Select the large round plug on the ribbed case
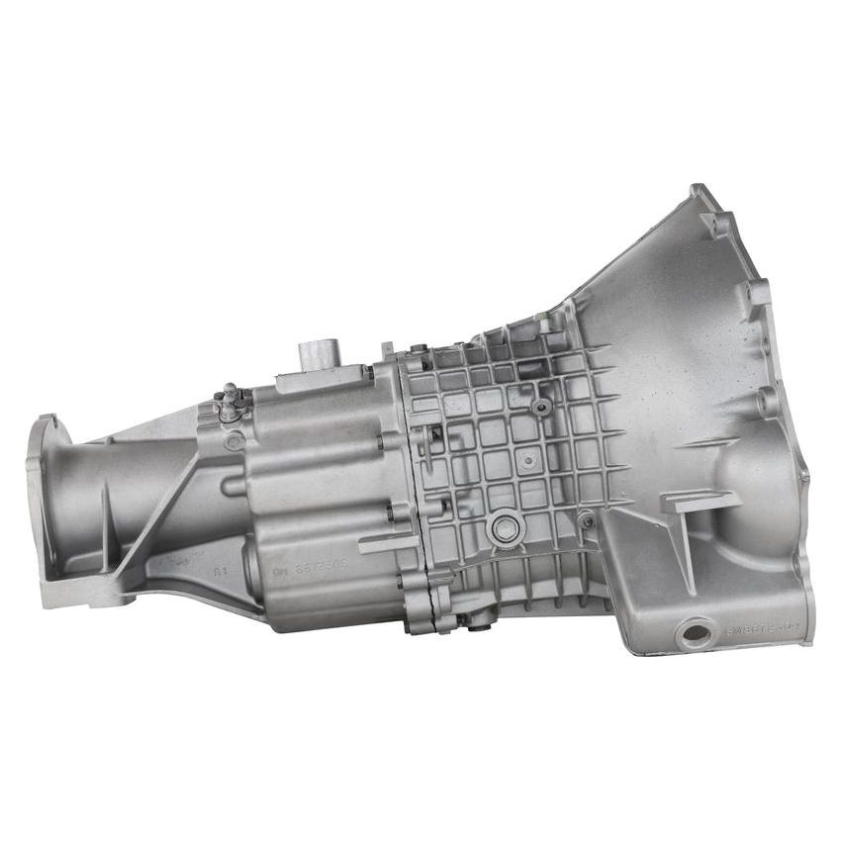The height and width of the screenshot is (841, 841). pos(507,528)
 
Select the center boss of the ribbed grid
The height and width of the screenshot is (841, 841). pos(530,459)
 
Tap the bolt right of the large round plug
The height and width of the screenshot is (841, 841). pos(586,517)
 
